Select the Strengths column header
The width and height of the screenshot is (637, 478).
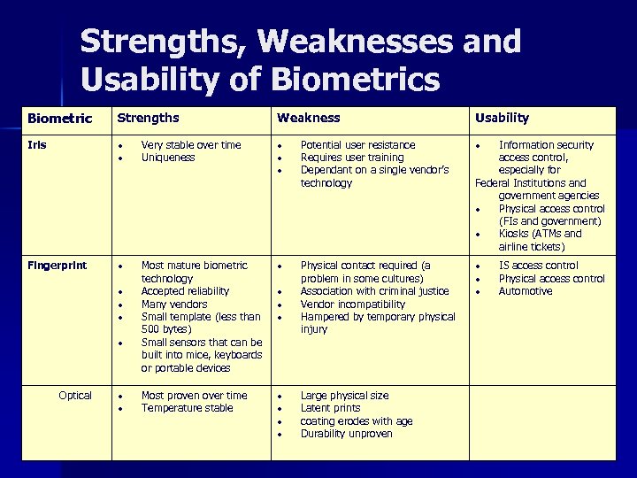pyautogui.click(x=149, y=118)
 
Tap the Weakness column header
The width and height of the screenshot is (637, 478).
pyautogui.click(x=308, y=118)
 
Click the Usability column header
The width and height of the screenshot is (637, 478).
pyautogui.click(x=502, y=118)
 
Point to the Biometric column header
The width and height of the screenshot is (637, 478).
pyautogui.click(x=59, y=119)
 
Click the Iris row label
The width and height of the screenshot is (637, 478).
pyautogui.click(x=37, y=145)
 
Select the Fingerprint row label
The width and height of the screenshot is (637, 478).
pyautogui.click(x=57, y=266)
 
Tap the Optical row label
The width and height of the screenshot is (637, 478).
pyautogui.click(x=75, y=396)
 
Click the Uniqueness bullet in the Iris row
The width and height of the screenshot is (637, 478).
pyautogui.click(x=168, y=158)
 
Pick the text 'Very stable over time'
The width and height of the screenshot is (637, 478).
pyautogui.click(x=190, y=145)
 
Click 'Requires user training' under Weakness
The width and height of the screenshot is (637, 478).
pyautogui.click(x=351, y=158)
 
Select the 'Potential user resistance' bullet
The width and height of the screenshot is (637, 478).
pyautogui.click(x=357, y=145)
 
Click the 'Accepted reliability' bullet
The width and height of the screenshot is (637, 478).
pyautogui.click(x=185, y=291)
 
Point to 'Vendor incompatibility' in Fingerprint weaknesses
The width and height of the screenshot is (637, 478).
pyautogui.click(x=352, y=305)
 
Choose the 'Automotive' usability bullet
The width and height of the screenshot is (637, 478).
pyautogui.click(x=525, y=291)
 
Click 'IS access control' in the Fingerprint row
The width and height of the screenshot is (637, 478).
pyautogui.click(x=538, y=266)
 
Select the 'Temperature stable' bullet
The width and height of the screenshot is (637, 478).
pyautogui.click(x=187, y=408)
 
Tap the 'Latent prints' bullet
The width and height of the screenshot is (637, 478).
pyautogui.click(x=330, y=408)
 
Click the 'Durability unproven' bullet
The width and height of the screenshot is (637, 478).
pyautogui.click(x=346, y=434)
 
